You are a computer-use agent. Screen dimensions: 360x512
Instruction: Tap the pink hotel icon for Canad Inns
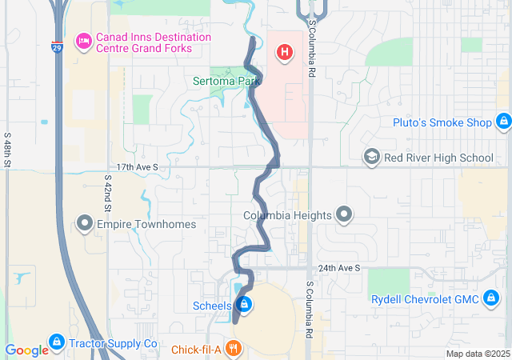(82, 42)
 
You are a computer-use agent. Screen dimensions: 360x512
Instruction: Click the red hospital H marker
(283, 54)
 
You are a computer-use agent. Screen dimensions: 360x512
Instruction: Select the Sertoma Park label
(227, 81)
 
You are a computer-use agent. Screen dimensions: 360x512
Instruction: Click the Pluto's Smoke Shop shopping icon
(502, 122)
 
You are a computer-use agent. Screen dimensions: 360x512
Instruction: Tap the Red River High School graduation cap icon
(371, 157)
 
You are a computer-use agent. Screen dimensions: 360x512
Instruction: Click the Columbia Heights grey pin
(344, 215)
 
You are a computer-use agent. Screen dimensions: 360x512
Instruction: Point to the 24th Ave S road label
(338, 268)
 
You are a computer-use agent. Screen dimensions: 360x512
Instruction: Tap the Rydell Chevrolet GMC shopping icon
(491, 299)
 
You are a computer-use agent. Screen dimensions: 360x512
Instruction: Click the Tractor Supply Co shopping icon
(56, 343)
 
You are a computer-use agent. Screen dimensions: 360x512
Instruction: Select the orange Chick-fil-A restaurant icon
(233, 348)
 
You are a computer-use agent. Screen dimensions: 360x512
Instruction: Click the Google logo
(26, 350)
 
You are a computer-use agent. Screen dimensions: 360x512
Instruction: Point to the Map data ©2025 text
(477, 354)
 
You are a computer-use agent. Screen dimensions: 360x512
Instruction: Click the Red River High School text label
(438, 158)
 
